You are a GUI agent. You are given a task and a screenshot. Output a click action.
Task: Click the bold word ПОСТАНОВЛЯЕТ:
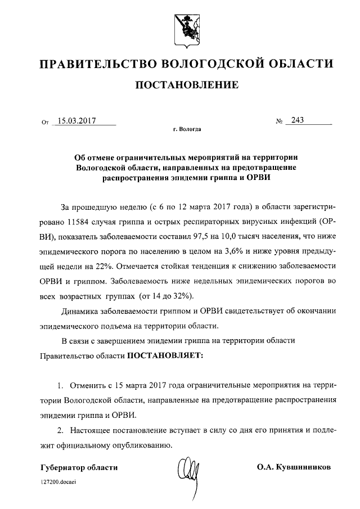tap(166, 355)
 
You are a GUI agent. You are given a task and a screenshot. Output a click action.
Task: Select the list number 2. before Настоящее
tap(61, 430)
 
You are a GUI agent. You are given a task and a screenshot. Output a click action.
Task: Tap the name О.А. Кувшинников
tap(294, 467)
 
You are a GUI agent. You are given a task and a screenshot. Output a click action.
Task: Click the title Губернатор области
tap(79, 467)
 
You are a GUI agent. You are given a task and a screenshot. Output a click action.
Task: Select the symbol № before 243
tap(278, 120)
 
